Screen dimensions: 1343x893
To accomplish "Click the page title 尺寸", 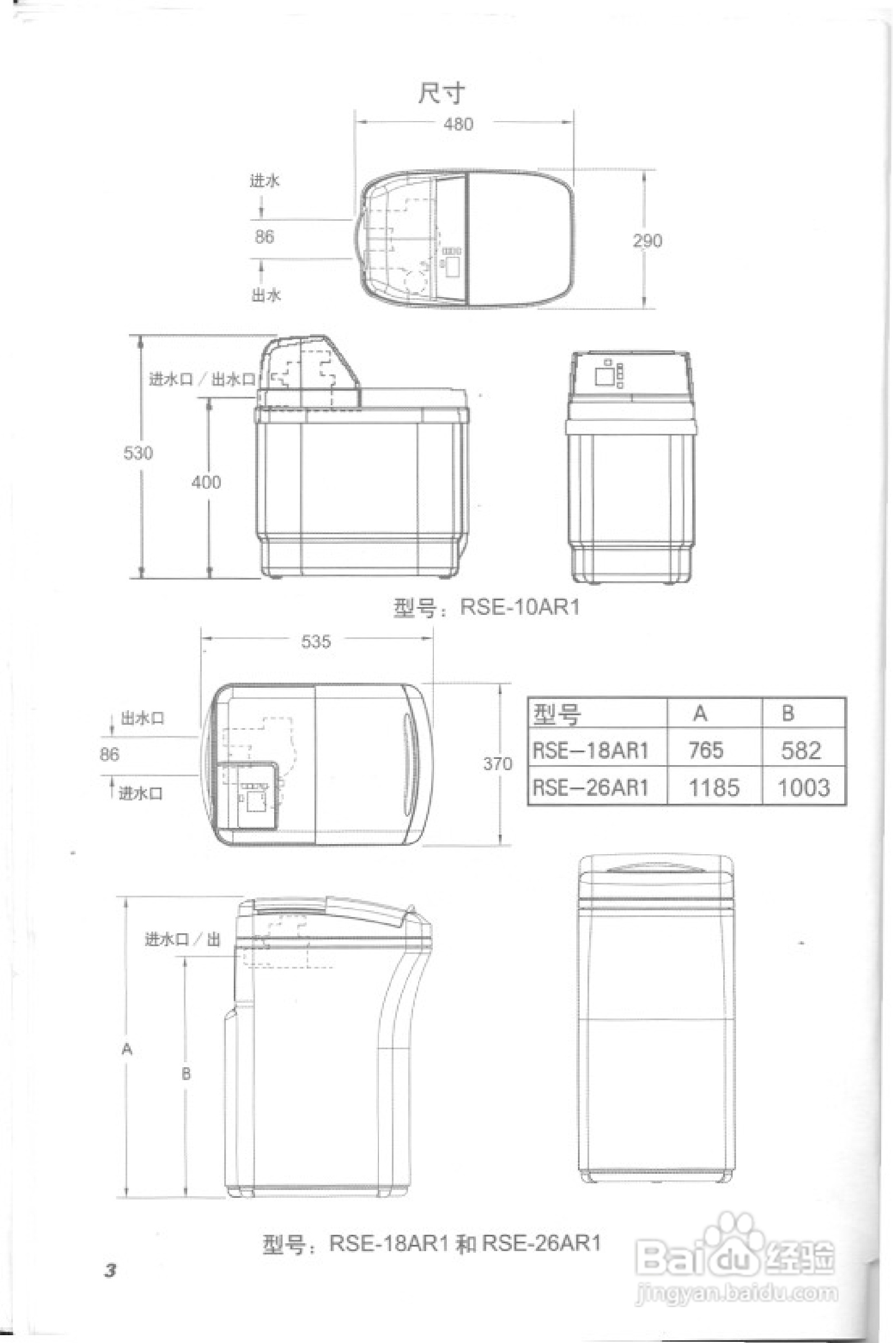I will (x=441, y=93).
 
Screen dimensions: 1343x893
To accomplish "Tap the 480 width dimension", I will (x=458, y=124).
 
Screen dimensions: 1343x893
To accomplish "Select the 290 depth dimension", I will (x=647, y=241).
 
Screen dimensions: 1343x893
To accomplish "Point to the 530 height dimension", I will (x=138, y=453).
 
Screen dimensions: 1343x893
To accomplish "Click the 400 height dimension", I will (x=206, y=482).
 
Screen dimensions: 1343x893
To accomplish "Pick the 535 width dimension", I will (x=316, y=642).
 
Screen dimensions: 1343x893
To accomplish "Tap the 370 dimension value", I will (x=498, y=764).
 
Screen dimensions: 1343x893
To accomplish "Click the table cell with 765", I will (x=706, y=751).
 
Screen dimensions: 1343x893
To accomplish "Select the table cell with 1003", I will (x=803, y=788).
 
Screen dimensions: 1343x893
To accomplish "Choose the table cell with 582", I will (x=801, y=751).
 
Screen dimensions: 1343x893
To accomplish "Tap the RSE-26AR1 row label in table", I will (x=591, y=788).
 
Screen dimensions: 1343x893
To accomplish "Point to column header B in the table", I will (x=788, y=713).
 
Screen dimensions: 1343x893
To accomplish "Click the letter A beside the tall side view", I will (x=127, y=1049).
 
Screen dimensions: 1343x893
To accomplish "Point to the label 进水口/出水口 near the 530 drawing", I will (x=202, y=379).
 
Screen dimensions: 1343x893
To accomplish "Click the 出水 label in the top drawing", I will (x=266, y=295).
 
